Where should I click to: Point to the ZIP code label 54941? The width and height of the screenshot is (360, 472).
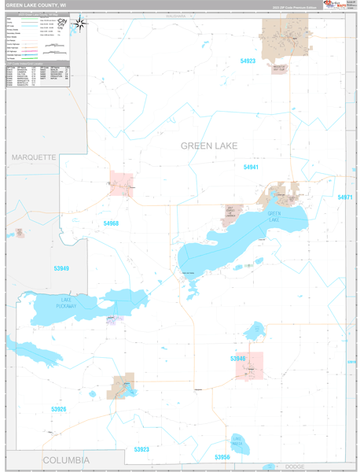point(251,168)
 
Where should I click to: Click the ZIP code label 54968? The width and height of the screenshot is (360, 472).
point(111,224)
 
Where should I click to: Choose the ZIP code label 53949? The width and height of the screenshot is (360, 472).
point(61,269)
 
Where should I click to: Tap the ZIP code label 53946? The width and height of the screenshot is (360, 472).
point(238,359)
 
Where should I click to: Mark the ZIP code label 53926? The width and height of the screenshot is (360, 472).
point(59,409)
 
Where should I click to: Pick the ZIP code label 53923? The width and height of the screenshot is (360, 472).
point(141,449)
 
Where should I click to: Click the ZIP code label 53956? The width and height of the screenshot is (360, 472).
point(222,457)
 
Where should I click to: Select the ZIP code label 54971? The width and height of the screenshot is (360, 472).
point(345,197)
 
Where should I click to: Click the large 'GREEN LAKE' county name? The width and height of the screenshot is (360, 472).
point(209,146)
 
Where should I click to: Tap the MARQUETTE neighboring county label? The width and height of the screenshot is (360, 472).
point(34,157)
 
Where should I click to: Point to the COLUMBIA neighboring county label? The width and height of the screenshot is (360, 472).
point(66,459)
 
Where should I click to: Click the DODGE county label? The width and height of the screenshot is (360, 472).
point(295,467)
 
